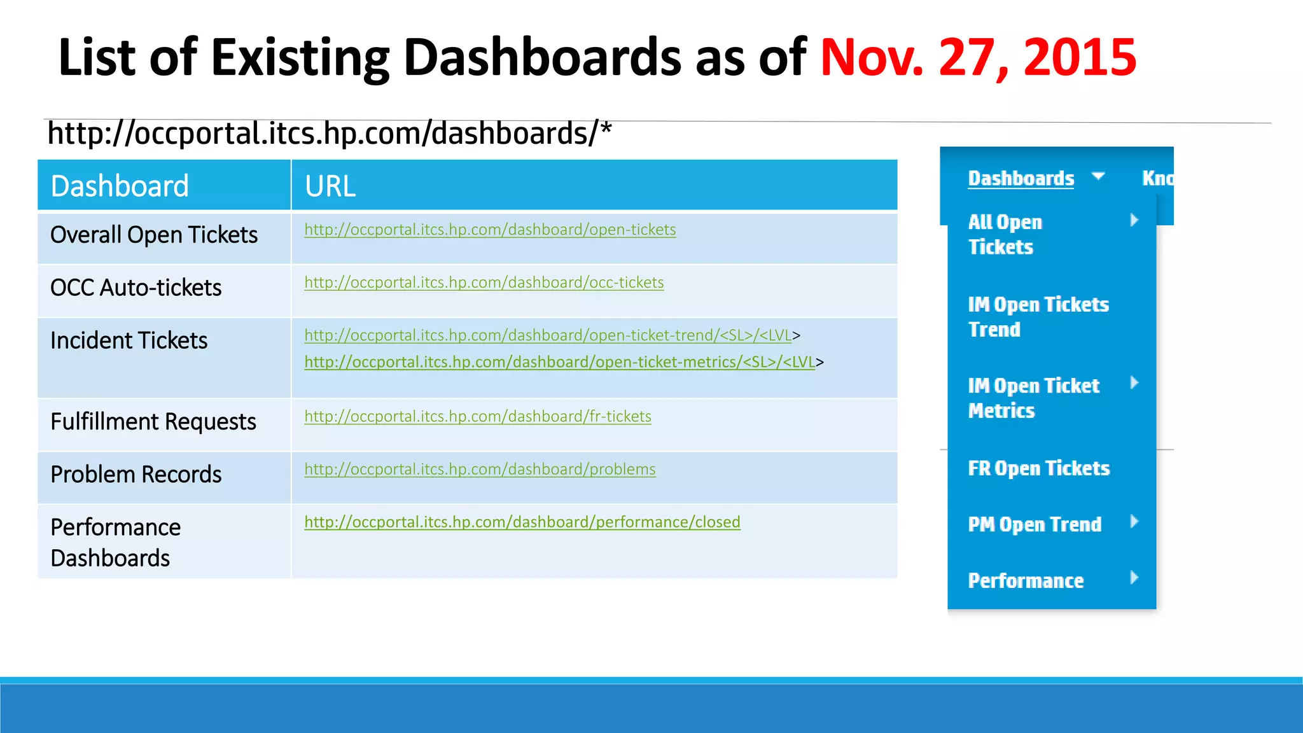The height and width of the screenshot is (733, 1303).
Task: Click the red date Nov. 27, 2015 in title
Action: point(978,57)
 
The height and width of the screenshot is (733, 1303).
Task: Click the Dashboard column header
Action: point(120,186)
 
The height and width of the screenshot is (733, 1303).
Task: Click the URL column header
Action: point(330,186)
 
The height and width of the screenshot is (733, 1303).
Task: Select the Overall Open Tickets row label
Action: point(154,235)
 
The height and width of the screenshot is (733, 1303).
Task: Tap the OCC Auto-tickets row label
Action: point(136,288)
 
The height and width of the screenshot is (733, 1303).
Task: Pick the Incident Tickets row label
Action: point(129,340)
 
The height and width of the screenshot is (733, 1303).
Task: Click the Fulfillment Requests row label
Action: point(153,421)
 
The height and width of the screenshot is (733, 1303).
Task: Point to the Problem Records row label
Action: point(136,474)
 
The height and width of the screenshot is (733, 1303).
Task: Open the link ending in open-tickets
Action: point(490,230)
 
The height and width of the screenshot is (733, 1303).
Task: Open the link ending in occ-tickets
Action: point(484,283)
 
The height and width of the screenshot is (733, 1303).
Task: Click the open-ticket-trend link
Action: point(547,335)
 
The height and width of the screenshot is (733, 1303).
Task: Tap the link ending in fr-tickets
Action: point(477,417)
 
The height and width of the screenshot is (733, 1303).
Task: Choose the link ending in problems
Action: point(480,470)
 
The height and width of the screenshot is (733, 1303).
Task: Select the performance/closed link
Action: point(522,522)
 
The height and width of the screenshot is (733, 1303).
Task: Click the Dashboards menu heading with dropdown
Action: point(1021,178)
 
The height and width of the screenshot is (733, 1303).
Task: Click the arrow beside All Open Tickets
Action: point(1134,221)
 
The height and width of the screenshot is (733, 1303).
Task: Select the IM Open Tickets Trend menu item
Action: point(1038,317)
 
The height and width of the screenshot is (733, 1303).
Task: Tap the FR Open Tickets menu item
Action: point(1038,468)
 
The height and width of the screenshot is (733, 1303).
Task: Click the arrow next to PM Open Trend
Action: point(1134,522)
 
